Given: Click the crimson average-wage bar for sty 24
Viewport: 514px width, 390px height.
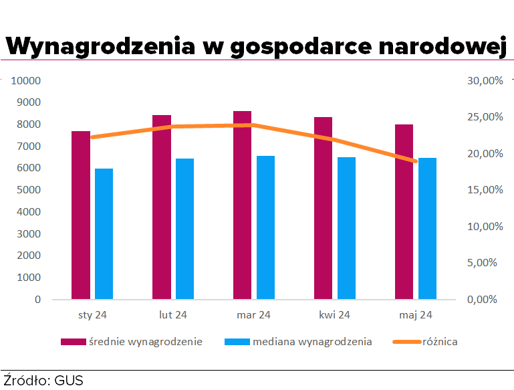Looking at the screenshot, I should [81, 215].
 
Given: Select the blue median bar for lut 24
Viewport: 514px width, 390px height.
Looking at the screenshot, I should [184, 228].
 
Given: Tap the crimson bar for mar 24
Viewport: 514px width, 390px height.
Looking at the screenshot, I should [242, 205].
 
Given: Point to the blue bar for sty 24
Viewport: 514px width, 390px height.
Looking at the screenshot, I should [104, 233].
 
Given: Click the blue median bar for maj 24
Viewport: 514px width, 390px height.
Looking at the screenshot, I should [427, 228].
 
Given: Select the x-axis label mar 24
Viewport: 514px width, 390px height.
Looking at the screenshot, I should [253, 314].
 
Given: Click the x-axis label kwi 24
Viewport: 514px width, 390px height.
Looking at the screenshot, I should [334, 314].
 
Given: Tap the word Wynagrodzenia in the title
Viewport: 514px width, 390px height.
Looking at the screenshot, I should [100, 47].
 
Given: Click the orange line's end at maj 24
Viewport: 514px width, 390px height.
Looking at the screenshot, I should [415, 161].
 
